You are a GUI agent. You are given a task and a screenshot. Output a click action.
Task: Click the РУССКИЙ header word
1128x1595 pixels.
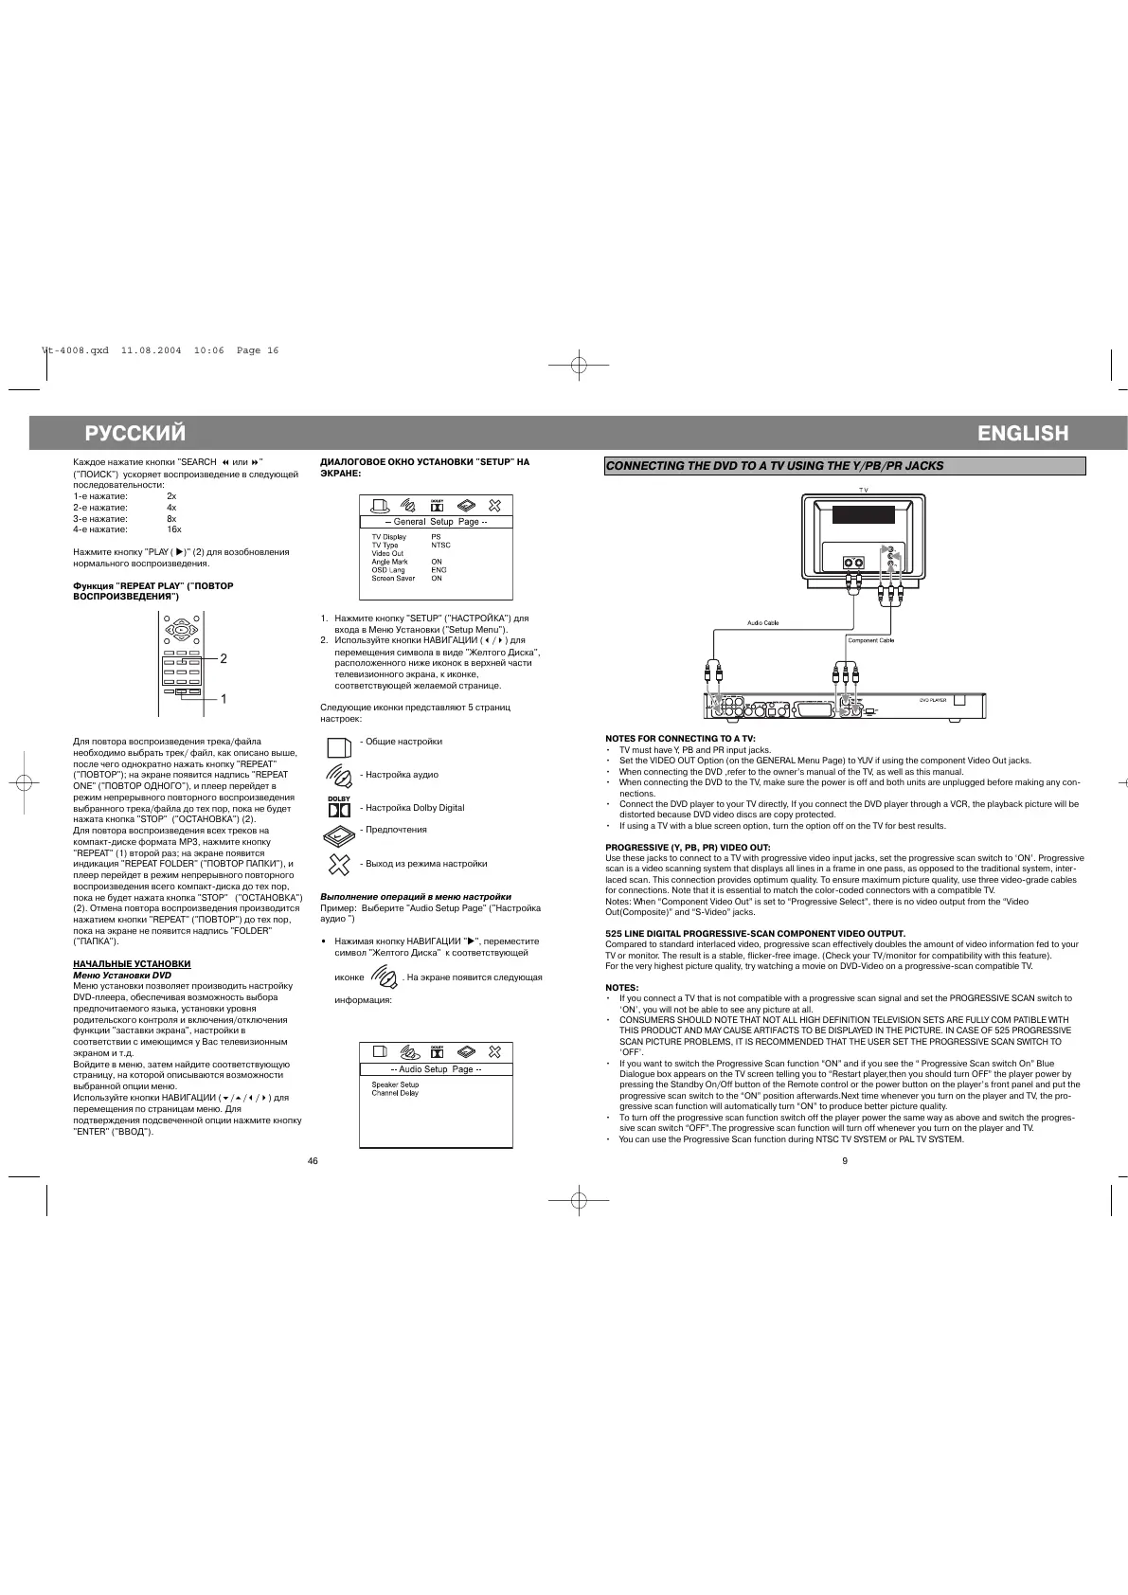pos(135,434)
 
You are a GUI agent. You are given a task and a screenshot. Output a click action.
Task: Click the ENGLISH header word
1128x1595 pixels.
pos(1023,434)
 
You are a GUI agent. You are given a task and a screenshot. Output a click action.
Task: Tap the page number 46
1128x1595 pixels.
pos(313,1162)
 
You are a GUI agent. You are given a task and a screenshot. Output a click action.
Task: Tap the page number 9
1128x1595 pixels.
pos(844,1162)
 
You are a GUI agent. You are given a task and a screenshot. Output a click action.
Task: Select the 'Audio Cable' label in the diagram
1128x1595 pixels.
pos(762,622)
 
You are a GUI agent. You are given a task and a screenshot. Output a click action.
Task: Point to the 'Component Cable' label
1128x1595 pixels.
pos(870,640)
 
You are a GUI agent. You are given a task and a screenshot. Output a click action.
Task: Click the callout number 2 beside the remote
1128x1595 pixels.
pos(224,658)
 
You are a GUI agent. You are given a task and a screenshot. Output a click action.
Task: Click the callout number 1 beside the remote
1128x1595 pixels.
pos(224,699)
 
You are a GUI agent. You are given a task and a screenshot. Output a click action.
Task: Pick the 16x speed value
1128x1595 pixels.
pos(174,529)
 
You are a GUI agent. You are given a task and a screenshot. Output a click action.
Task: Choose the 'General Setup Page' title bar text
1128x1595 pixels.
pos(436,522)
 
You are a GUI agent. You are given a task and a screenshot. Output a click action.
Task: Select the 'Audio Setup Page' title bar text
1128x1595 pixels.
pos(436,1069)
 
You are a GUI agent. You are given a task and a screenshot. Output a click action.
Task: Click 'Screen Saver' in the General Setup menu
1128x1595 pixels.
pos(393,578)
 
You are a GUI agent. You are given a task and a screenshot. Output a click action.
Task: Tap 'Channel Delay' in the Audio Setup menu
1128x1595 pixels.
pos(395,1093)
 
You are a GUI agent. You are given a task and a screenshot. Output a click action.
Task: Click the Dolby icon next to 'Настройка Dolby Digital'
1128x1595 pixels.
pos(339,808)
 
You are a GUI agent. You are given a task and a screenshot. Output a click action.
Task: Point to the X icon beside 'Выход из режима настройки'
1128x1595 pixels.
pos(339,864)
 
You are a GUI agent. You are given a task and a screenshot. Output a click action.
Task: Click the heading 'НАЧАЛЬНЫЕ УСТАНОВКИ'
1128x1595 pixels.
pos(132,963)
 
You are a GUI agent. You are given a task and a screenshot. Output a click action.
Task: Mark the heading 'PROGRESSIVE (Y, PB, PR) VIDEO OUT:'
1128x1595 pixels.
pos(688,847)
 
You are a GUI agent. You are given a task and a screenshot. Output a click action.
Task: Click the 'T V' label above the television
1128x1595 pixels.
pos(863,490)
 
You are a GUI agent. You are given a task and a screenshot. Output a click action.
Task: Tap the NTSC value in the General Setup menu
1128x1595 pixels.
pos(440,546)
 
